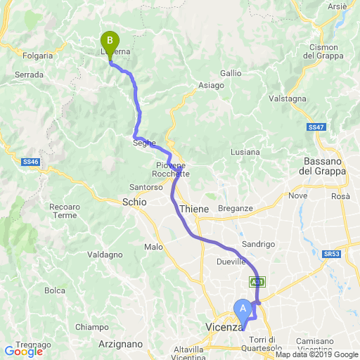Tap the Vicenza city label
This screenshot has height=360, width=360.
tap(224, 327)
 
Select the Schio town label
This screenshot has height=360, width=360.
tap(134, 202)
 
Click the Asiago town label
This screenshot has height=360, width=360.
tap(211, 85)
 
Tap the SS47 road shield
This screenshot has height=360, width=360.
tap(316, 127)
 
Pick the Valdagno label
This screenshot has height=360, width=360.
tap(98, 255)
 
